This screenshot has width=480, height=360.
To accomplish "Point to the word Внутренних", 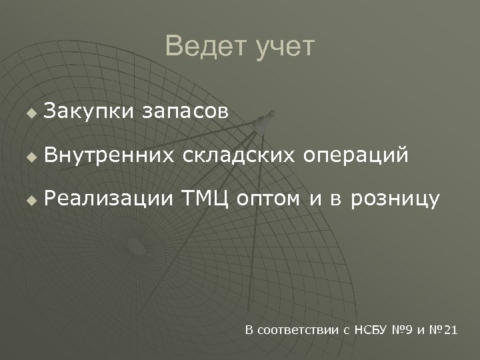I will coord(110,155).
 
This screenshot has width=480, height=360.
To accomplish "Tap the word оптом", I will coord(269,199).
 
